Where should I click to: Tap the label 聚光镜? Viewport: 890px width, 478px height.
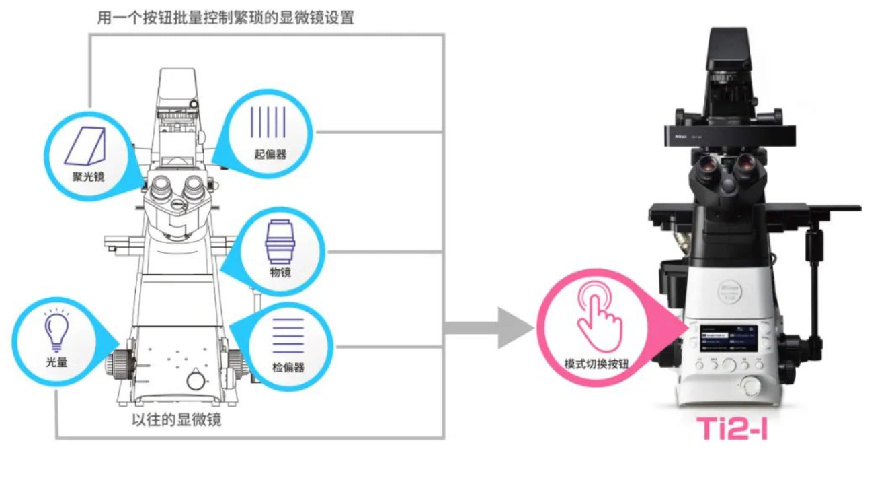point(89,177)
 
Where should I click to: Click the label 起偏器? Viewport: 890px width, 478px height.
point(270,154)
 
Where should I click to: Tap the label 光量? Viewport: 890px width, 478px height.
point(56,362)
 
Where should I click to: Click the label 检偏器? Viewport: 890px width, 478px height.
point(288,368)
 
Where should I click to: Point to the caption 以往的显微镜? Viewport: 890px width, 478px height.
point(176,421)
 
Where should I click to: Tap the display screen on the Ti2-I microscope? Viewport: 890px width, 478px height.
point(729,339)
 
